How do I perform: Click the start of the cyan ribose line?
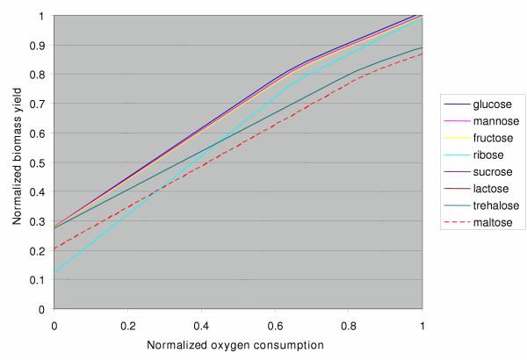tap(54, 273)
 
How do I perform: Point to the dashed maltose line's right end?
tap(422, 54)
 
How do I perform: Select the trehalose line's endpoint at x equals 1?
tap(422, 47)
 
